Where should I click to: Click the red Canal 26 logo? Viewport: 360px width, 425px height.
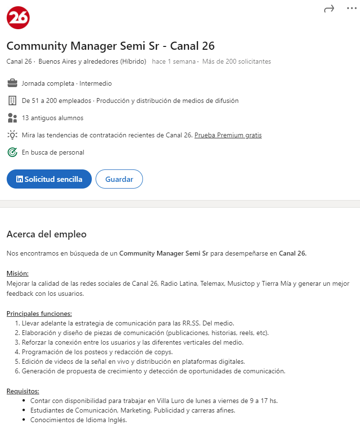(18, 18)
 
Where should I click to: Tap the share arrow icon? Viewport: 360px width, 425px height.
(329, 9)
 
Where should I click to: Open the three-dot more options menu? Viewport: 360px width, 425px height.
(351, 9)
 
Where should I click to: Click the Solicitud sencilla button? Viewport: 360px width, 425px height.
(49, 179)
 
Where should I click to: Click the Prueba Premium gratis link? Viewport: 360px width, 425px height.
(228, 135)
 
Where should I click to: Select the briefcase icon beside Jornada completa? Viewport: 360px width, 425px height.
(12, 83)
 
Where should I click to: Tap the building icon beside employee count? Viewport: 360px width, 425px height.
(12, 101)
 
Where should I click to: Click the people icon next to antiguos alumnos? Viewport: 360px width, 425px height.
(12, 118)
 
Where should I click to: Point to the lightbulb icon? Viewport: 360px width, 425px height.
(12, 135)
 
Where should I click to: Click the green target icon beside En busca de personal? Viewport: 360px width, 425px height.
(12, 152)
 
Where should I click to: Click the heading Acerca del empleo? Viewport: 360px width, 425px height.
(46, 234)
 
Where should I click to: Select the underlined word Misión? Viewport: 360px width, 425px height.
(18, 273)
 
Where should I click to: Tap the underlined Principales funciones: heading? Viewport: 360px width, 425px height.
(39, 313)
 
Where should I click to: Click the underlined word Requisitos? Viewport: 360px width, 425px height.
(23, 391)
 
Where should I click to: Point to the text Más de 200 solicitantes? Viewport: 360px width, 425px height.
(237, 61)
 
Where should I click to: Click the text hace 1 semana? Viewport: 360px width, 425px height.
(174, 61)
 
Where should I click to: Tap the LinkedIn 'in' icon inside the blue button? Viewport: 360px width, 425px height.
(20, 179)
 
